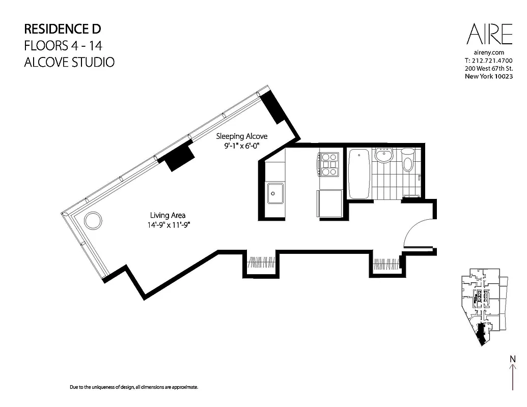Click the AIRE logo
click(x=489, y=35)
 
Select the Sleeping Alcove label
click(x=241, y=136)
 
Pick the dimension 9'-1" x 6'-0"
click(x=241, y=146)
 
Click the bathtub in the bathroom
click(x=359, y=173)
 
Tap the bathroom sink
click(x=382, y=155)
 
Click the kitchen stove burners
click(x=328, y=164)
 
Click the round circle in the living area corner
click(x=93, y=221)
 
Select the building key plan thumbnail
click(x=482, y=308)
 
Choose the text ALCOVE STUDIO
click(x=69, y=63)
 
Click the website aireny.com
click(x=488, y=52)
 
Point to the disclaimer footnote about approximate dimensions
click(x=133, y=387)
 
